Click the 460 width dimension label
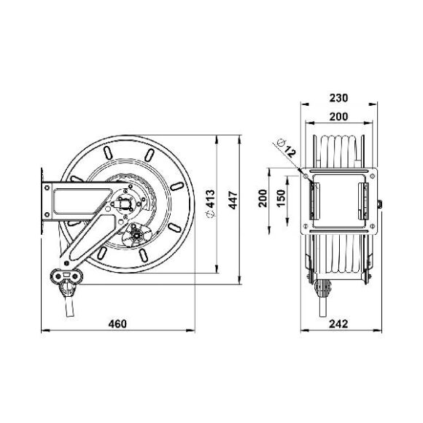click(117, 324)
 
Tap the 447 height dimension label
click(233, 200)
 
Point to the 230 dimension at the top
click(339, 98)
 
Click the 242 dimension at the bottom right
click(338, 324)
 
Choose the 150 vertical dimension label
click(282, 198)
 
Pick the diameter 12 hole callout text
click(287, 148)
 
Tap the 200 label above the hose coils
click(339, 117)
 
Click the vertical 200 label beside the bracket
click(263, 198)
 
